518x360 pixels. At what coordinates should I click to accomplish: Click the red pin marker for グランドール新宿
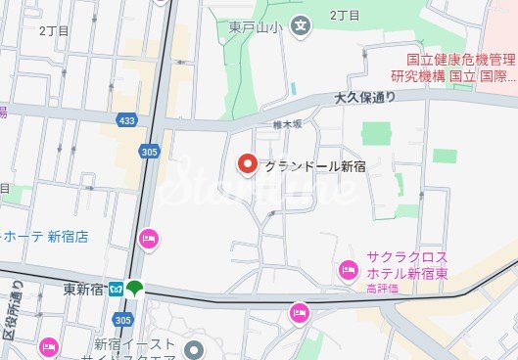pos(248,164)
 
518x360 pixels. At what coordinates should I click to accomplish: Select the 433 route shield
pos(125,119)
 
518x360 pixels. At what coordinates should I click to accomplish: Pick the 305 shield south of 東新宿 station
pos(122,320)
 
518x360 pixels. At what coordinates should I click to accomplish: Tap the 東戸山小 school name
pos(264,25)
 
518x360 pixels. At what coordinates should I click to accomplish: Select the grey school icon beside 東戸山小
pos(302,24)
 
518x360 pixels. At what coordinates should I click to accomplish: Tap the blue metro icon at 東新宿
pos(116,289)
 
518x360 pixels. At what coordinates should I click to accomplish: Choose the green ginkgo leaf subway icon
pos(135,289)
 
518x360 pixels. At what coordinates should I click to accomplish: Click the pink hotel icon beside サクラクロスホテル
pos(347,269)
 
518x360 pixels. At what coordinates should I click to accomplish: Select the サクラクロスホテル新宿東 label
pos(407,264)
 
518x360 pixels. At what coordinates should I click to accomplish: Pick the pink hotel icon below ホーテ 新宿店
pos(149,236)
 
